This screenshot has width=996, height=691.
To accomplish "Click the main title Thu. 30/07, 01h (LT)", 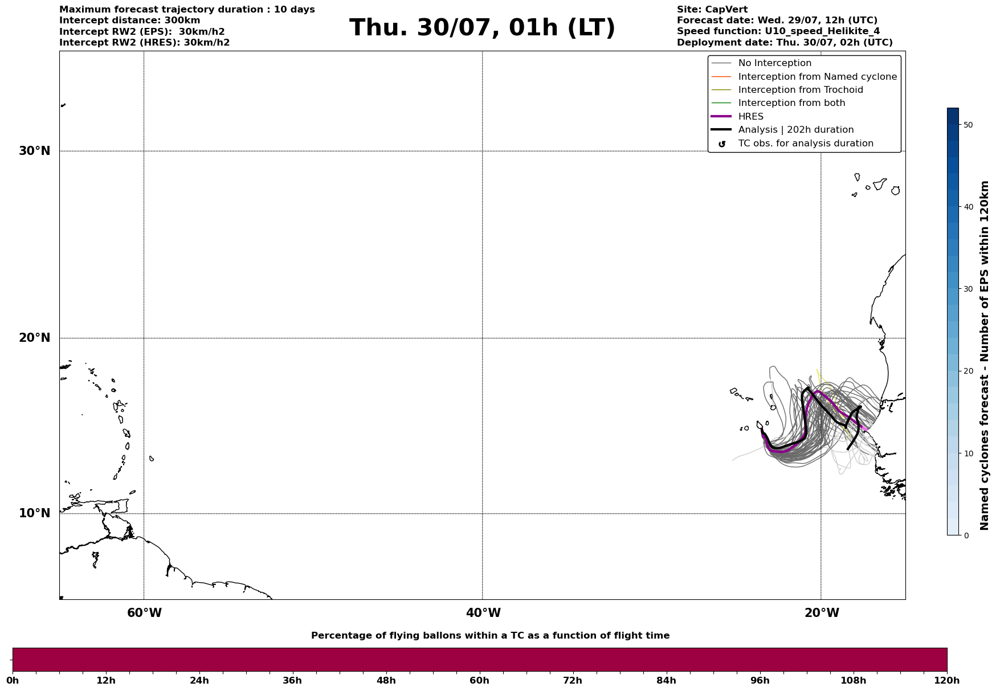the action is pos(482,28).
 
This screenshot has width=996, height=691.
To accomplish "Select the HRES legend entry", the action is pos(750,117).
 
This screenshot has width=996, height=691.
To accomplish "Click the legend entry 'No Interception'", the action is pos(774,63).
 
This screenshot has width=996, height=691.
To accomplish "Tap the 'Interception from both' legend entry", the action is pos(791,103).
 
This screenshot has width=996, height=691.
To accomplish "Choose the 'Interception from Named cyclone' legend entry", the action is pos(817,77).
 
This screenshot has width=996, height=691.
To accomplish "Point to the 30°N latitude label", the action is pos(34,151).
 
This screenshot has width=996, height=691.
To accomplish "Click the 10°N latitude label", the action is pos(34,513).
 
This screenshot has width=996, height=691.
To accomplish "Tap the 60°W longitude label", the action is pos(144,613).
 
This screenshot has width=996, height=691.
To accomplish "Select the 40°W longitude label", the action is pos(483,613).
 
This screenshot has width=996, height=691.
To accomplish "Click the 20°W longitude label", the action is pos(822,613).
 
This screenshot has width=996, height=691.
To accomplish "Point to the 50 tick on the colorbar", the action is pos(968,125).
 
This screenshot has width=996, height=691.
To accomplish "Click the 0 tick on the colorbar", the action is pos(966,535).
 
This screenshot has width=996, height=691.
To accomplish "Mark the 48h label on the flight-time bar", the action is pos(386,680).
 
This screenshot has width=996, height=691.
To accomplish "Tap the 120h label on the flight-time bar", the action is pos(947,680).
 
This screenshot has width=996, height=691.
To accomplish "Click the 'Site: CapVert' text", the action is pos(712,10).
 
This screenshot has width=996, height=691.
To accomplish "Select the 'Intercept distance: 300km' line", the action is pos(130,21).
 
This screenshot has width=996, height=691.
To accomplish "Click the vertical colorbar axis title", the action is pos(984,355).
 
